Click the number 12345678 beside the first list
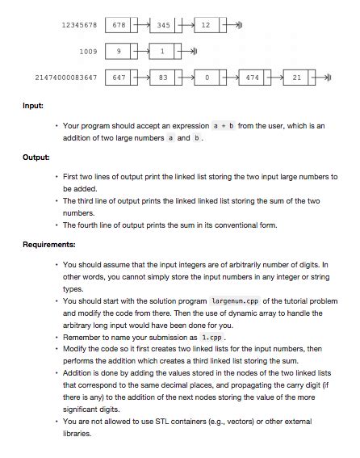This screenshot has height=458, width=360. (x=79, y=25)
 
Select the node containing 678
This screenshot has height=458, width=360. (x=119, y=25)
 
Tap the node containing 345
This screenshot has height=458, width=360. (x=163, y=25)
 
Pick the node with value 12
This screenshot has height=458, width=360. (x=206, y=25)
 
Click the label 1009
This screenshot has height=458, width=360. (x=88, y=52)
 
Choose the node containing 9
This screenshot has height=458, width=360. (x=119, y=52)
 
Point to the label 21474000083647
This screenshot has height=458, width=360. (x=66, y=78)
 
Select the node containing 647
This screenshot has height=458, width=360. (x=119, y=78)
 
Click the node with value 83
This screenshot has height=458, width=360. (x=163, y=78)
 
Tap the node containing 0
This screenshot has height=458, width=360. (x=207, y=78)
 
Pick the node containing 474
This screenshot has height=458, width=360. (x=252, y=78)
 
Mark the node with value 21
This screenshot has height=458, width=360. (x=297, y=78)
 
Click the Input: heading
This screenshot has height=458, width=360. (x=33, y=106)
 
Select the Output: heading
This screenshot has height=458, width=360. (x=36, y=157)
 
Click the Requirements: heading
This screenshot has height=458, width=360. (x=49, y=244)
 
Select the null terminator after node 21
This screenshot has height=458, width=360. (x=326, y=78)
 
